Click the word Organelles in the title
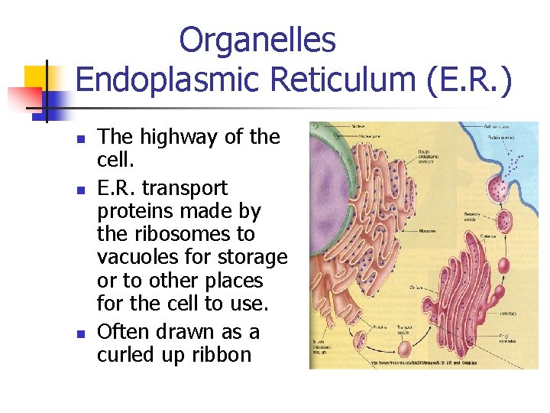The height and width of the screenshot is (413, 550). click(x=257, y=41)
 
